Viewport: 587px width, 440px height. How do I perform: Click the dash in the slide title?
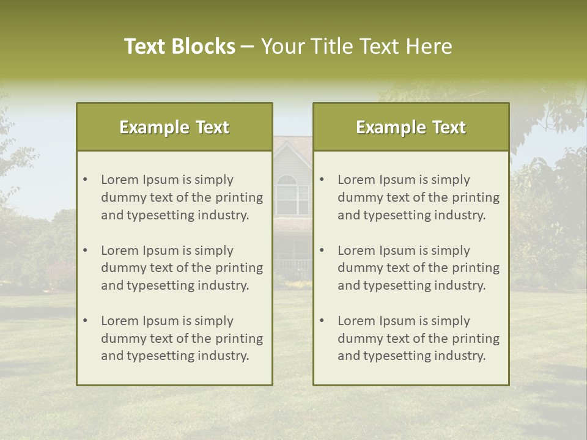248,47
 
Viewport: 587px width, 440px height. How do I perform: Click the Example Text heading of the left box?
174,127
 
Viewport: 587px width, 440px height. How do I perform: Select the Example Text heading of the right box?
411,127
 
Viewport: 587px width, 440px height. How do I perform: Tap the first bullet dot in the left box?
85,180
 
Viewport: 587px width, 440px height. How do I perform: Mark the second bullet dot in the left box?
85,251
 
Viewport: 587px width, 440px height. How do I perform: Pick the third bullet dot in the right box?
322,321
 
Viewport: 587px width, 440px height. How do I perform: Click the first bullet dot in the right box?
322,180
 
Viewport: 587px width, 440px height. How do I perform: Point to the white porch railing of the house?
292,268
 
